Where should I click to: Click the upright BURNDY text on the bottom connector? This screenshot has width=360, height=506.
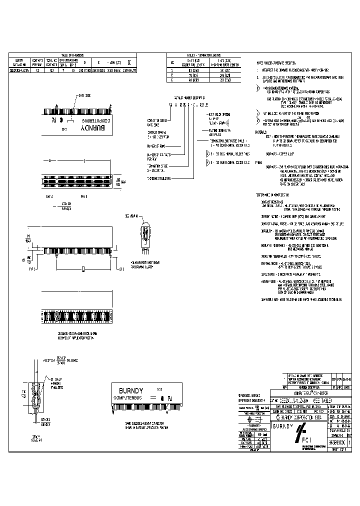[132, 390]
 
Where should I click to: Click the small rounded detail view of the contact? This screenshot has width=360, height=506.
[144, 234]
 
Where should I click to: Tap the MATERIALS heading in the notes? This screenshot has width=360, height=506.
[261, 132]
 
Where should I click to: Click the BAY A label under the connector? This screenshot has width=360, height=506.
[49, 196]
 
